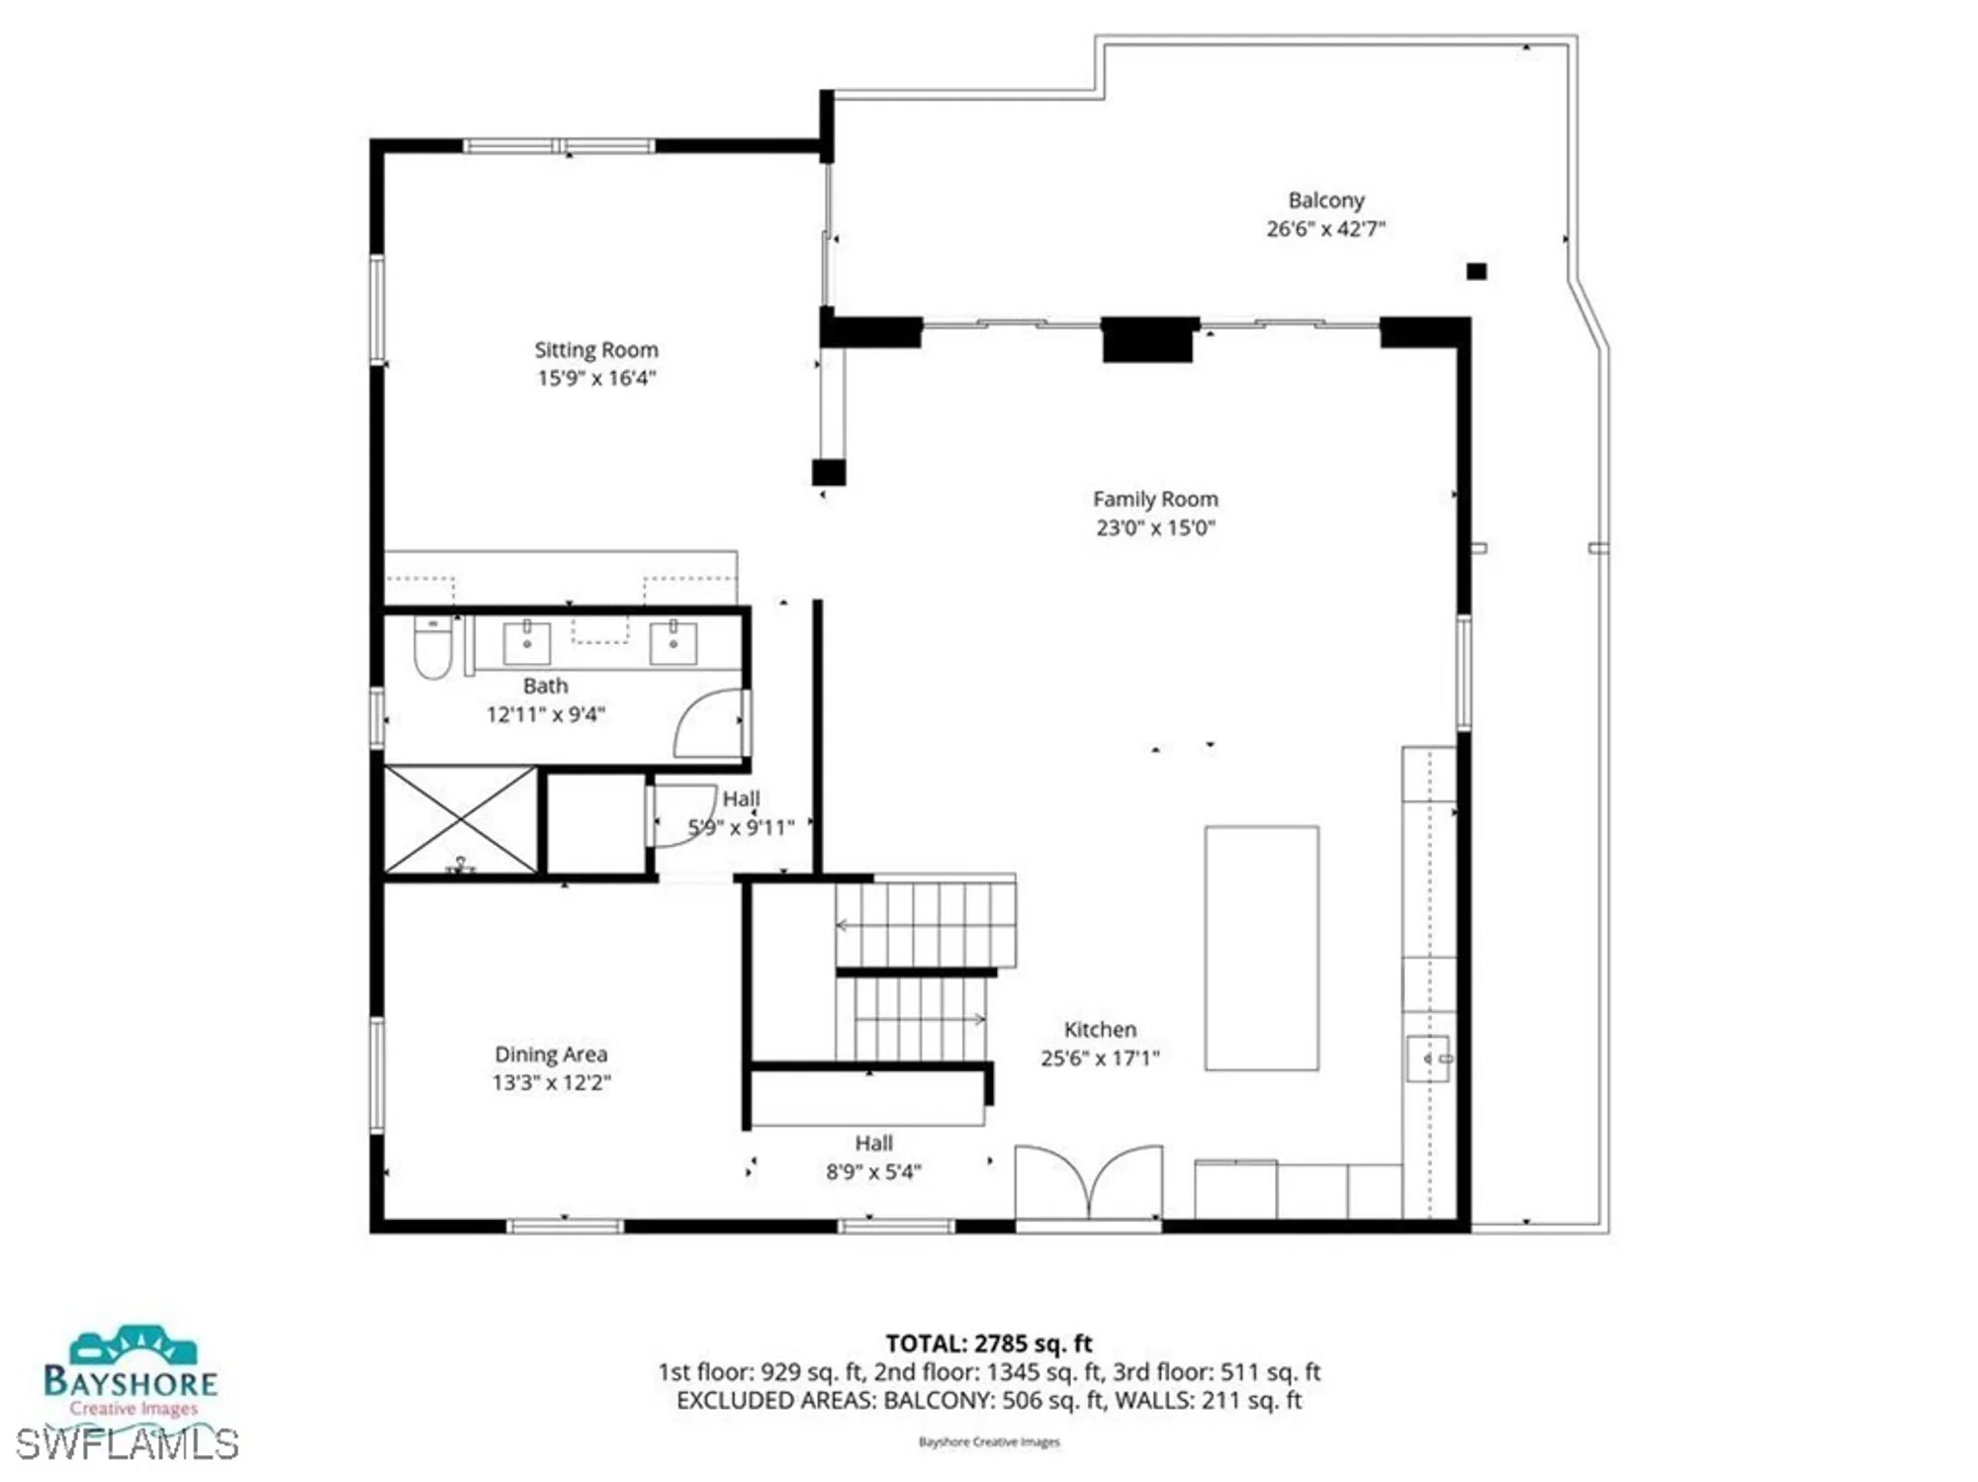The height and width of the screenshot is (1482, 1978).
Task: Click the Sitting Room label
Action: point(596,350)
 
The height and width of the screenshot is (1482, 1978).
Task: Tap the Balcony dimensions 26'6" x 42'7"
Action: point(1325,229)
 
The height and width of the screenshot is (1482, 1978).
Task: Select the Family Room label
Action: point(1155,500)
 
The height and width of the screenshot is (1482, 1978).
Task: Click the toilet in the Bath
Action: point(432,648)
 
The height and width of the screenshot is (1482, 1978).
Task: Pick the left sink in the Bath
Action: point(527,642)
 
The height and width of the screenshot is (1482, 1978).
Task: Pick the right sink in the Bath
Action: point(673,642)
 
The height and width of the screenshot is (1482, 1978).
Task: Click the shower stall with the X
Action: point(461,820)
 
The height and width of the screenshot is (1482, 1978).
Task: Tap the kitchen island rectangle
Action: point(1261,948)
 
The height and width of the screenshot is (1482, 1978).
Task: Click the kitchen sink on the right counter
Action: point(1427,1059)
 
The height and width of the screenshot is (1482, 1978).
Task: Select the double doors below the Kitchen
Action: point(1089,1185)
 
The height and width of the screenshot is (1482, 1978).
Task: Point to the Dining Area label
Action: point(551,1055)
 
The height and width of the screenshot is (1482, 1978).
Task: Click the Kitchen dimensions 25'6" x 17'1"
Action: point(1100,1058)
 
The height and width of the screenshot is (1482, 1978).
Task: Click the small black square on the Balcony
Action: point(1476,271)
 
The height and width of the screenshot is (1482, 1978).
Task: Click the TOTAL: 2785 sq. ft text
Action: point(988,1343)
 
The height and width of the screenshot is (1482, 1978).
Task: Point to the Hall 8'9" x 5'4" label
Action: point(873,1157)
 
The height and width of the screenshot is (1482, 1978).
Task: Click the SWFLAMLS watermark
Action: point(127,1445)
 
